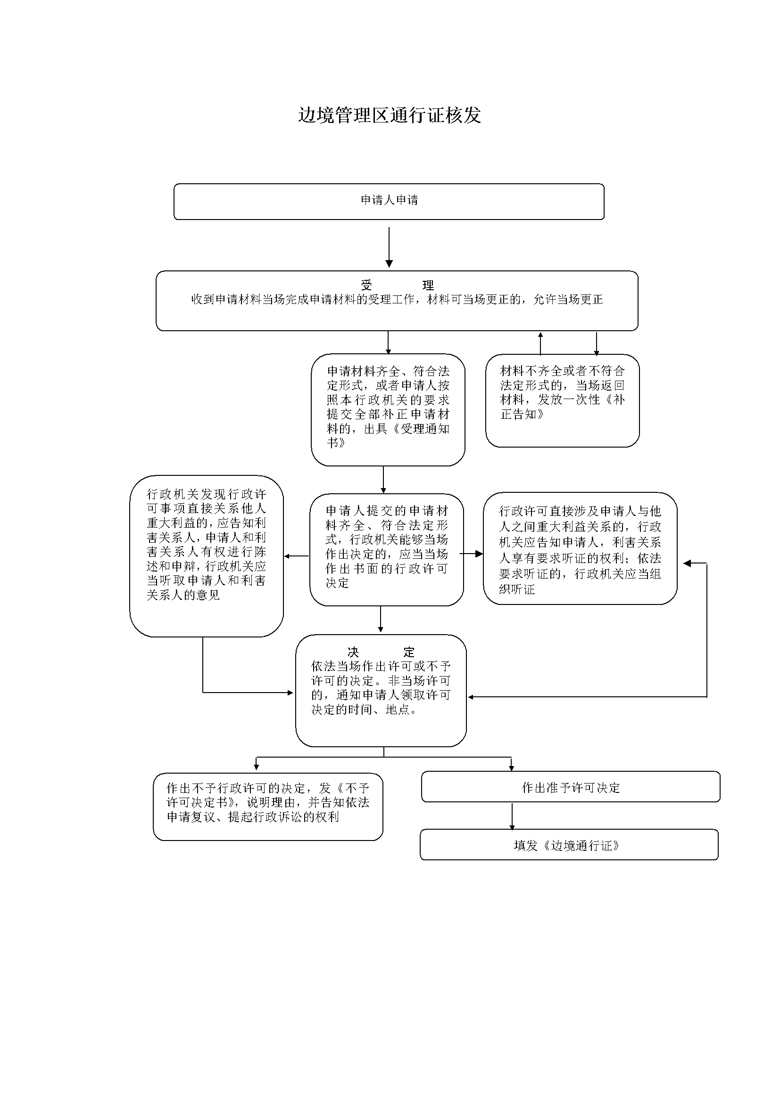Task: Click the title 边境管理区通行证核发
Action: [390, 115]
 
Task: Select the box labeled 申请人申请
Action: [389, 202]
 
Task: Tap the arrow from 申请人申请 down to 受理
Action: [389, 247]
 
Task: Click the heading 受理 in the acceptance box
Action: [397, 286]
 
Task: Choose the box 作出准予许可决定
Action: [571, 787]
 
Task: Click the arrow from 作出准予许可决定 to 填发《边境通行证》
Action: [512, 816]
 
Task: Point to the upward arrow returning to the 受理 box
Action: [540, 343]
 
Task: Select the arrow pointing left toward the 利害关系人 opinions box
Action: [296, 556]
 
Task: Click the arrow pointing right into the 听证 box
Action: [471, 554]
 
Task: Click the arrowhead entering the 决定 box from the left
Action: [290, 693]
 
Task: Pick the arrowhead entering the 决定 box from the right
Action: [471, 697]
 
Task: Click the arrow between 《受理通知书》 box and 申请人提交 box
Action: [383, 480]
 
